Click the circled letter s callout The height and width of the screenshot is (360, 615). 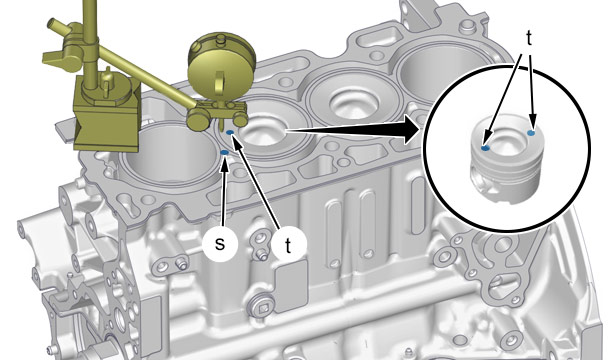[x=220, y=244]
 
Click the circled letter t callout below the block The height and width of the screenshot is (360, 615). [x=289, y=245]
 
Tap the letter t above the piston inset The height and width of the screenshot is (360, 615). [x=529, y=38]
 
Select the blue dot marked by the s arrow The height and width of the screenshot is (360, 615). [x=224, y=152]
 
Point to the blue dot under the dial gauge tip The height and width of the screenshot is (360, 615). [x=230, y=132]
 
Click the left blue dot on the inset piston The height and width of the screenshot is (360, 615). [x=486, y=148]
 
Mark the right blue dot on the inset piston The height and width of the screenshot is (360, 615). [x=531, y=133]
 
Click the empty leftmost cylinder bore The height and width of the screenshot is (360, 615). [x=169, y=152]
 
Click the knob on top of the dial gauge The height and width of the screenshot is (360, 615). [x=221, y=39]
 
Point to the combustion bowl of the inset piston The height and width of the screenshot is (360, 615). [x=508, y=143]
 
